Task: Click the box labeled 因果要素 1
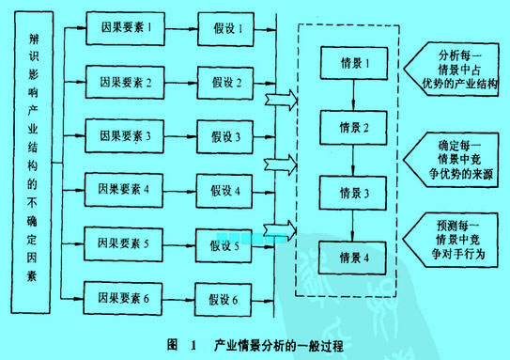point(125,27)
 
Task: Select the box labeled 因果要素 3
point(125,135)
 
